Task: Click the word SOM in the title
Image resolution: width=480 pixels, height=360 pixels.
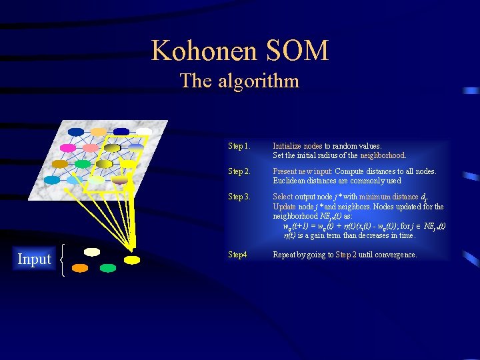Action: coord(299,51)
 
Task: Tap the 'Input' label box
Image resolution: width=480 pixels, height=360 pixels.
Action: coord(34,259)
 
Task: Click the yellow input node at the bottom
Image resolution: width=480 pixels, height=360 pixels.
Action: coord(132,259)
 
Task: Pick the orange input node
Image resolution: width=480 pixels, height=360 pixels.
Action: coord(80,268)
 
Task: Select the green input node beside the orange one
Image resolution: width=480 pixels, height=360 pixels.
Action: coord(107,268)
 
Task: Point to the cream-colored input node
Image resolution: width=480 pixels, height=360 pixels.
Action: coord(92,252)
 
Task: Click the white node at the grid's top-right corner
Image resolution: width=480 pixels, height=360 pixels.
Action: coord(143,132)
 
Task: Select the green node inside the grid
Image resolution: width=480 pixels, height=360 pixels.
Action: coord(83,164)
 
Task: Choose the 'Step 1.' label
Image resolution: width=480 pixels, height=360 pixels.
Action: coord(239,146)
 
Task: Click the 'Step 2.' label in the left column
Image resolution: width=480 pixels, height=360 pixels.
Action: coord(239,171)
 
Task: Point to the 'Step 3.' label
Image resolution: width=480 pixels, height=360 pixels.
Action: coord(239,197)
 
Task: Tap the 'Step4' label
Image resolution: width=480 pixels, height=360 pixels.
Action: coord(238,255)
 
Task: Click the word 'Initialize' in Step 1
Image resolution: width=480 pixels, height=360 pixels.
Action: coord(287,146)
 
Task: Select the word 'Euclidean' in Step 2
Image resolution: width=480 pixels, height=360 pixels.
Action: coord(291,181)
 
